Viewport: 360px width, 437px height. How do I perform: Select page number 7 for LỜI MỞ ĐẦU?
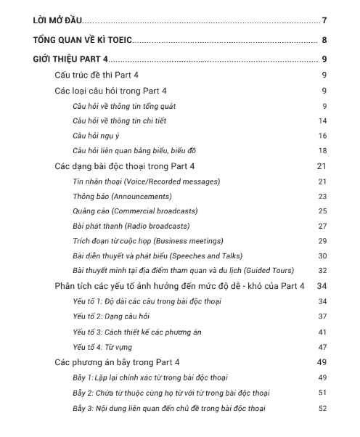[x=324, y=20]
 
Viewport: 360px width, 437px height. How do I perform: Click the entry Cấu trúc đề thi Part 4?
[x=100, y=75]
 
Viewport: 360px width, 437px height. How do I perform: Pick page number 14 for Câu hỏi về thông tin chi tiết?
[x=322, y=121]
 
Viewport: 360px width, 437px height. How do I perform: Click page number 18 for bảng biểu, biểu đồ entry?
[x=322, y=150]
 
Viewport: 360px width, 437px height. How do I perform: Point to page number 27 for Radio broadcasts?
[x=322, y=226]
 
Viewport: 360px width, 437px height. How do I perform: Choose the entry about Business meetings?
[x=148, y=241]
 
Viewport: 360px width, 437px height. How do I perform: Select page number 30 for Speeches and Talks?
[x=322, y=256]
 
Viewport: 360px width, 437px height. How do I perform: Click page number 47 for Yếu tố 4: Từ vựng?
[x=322, y=347]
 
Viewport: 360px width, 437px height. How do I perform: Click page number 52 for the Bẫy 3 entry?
[x=322, y=408]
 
